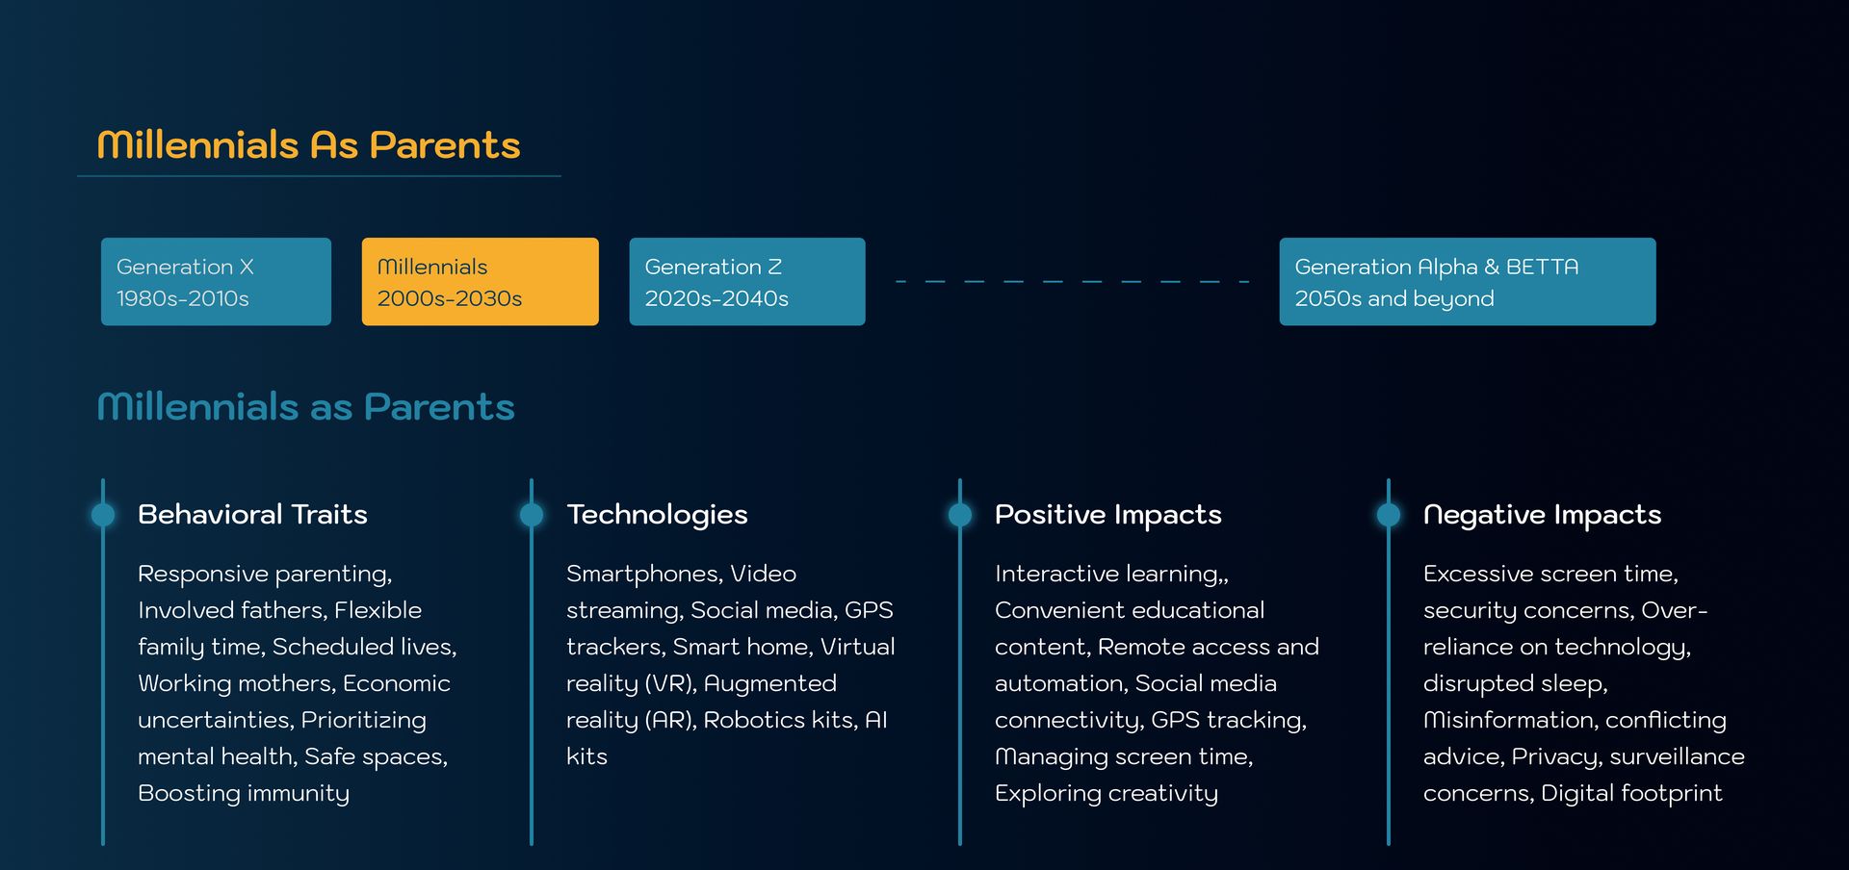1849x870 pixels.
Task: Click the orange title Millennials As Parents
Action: pyautogui.click(x=308, y=145)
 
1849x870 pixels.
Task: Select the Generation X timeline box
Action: pyautogui.click(x=216, y=281)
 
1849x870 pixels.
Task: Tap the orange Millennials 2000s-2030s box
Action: pyautogui.click(x=480, y=281)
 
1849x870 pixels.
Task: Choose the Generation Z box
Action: pyautogui.click(x=747, y=281)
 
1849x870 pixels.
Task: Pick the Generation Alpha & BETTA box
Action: pyautogui.click(x=1468, y=281)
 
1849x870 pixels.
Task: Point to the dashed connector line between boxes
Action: pyautogui.click(x=1072, y=281)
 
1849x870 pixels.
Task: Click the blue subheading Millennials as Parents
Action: pyautogui.click(x=306, y=407)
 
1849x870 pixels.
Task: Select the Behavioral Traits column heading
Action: pyautogui.click(x=252, y=515)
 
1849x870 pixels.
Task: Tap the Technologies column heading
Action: pyautogui.click(x=657, y=515)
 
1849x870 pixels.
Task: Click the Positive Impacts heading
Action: pyautogui.click(x=1107, y=515)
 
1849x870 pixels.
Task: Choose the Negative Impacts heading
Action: pyautogui.click(x=1542, y=515)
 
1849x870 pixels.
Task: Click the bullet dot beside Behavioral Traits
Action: pyautogui.click(x=103, y=515)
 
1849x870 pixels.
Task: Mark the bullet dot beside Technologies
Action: pyautogui.click(x=532, y=515)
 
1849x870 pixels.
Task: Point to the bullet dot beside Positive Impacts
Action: pyautogui.click(x=960, y=515)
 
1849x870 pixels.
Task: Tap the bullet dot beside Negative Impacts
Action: pyautogui.click(x=1389, y=515)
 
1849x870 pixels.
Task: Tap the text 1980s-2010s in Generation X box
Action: pyautogui.click(x=183, y=299)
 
